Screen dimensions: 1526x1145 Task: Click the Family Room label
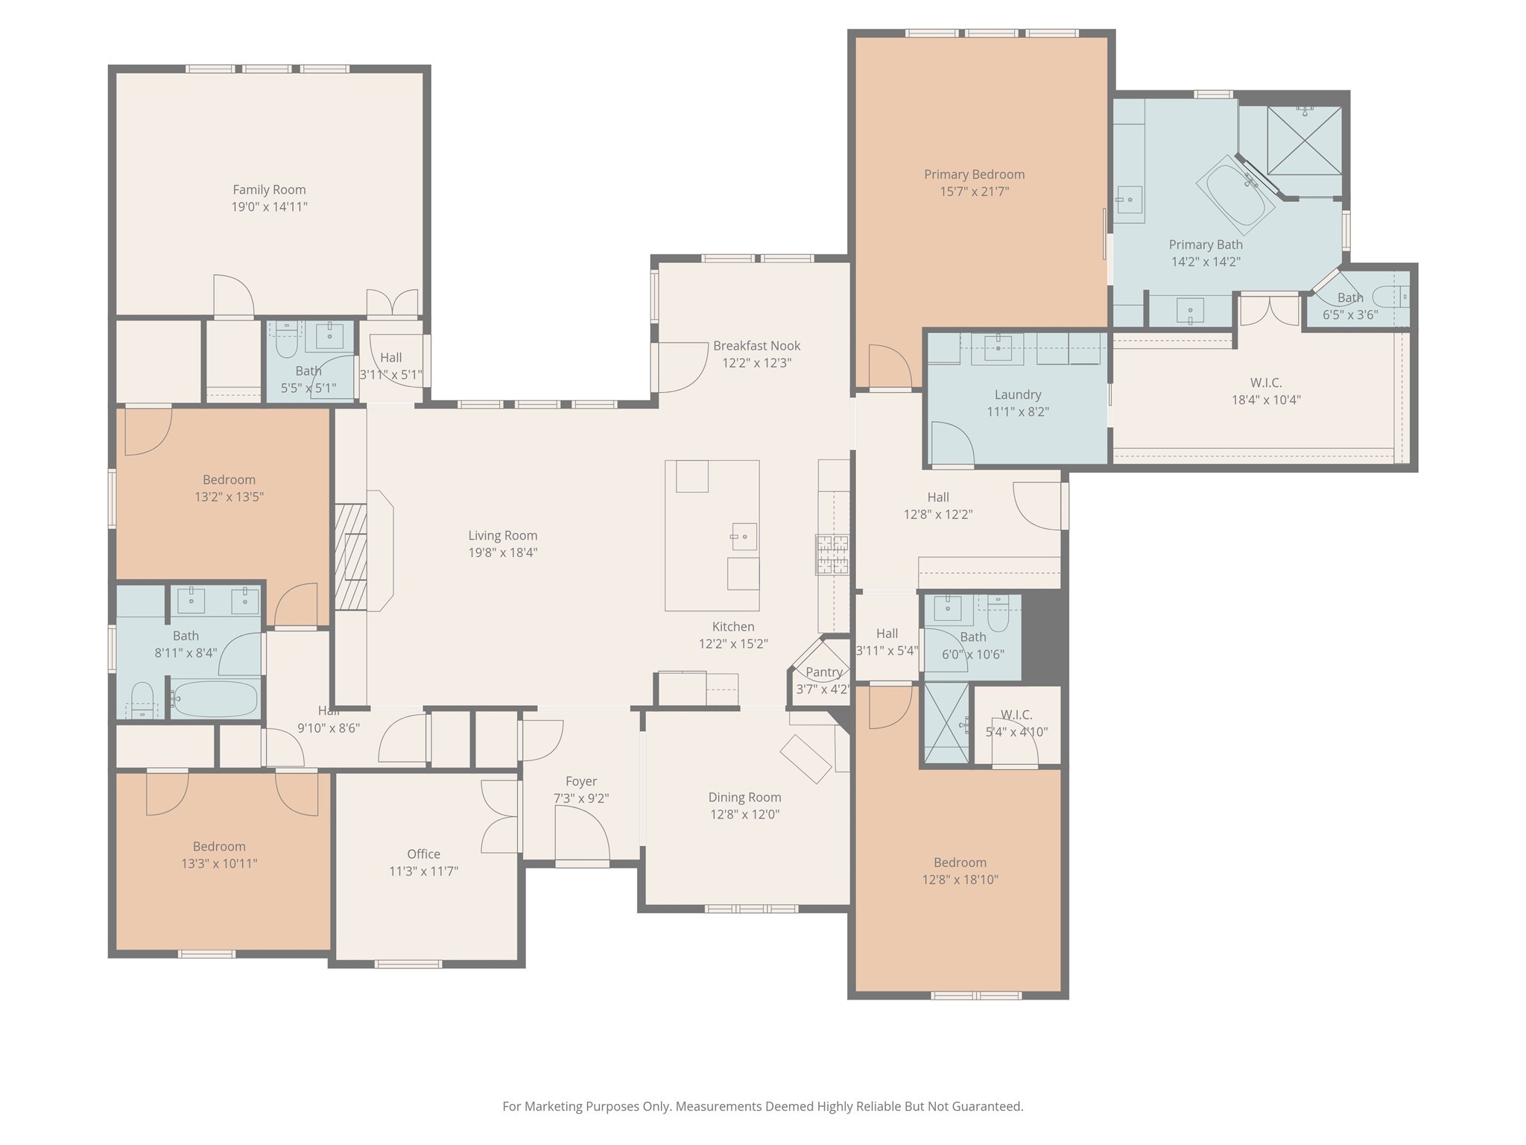[269, 190]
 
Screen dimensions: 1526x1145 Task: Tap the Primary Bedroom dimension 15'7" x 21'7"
[974, 192]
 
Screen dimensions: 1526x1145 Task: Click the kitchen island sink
[743, 537]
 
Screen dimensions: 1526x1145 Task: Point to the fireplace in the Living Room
[363, 551]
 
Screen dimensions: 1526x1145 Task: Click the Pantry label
[823, 672]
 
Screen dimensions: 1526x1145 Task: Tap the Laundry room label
[1018, 395]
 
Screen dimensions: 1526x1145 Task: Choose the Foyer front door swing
[582, 833]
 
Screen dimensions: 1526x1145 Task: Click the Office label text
[423, 854]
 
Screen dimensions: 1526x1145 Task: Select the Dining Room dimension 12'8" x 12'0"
[745, 815]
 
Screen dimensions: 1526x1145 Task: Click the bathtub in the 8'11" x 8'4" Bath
[215, 698]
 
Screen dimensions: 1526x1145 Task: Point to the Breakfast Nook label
[756, 346]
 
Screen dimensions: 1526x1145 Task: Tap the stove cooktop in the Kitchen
[832, 555]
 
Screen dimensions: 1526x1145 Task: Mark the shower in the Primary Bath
[1304, 141]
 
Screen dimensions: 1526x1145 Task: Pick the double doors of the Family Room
[392, 303]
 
